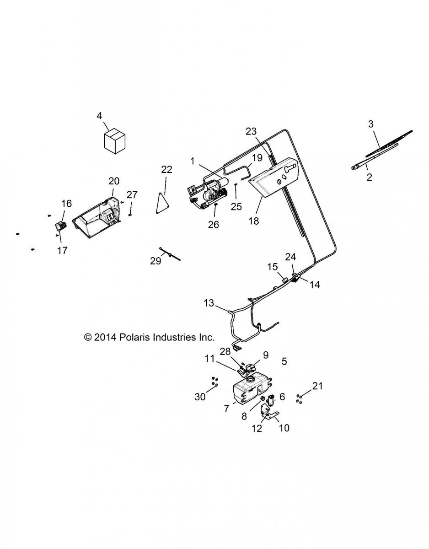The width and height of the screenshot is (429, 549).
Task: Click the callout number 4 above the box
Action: point(99,116)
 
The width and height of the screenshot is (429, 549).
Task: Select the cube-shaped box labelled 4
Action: point(114,140)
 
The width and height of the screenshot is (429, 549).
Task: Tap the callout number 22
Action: point(166,169)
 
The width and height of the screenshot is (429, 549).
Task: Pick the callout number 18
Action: point(253,221)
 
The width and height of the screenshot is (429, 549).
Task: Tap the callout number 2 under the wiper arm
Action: point(369,177)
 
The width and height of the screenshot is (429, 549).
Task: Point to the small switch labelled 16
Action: point(61,226)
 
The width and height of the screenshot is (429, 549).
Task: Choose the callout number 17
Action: point(63,250)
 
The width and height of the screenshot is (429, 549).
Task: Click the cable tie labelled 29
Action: point(170,254)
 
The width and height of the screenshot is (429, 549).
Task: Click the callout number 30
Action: point(200,397)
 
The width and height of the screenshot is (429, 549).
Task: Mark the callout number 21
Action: point(317,386)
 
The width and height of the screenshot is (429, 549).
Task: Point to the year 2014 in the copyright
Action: point(106,338)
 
